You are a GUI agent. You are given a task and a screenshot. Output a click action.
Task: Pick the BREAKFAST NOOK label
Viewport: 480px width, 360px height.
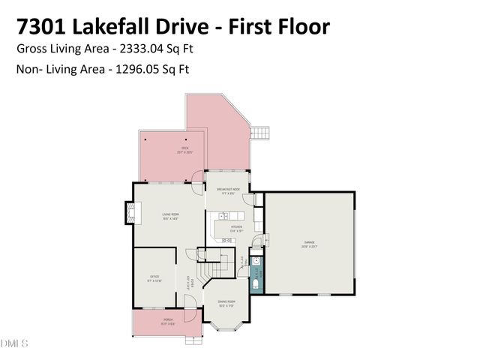pyautogui.click(x=228, y=190)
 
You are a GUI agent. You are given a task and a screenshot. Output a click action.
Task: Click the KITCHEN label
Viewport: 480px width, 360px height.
pyautogui.click(x=236, y=226)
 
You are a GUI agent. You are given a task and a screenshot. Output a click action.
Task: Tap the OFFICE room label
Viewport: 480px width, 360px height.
pyautogui.click(x=154, y=277)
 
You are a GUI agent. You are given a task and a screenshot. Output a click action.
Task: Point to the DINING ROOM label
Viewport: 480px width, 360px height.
pyautogui.click(x=226, y=302)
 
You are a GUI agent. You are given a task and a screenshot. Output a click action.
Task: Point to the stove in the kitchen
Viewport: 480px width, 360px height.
pyautogui.click(x=226, y=240)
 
